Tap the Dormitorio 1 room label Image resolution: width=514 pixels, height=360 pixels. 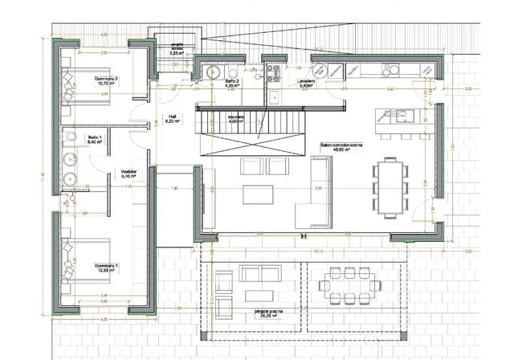pyautogui.click(x=106, y=267)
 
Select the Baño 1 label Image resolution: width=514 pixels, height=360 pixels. pyautogui.click(x=94, y=140)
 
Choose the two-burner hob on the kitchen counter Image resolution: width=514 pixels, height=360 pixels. pyautogui.click(x=278, y=67)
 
